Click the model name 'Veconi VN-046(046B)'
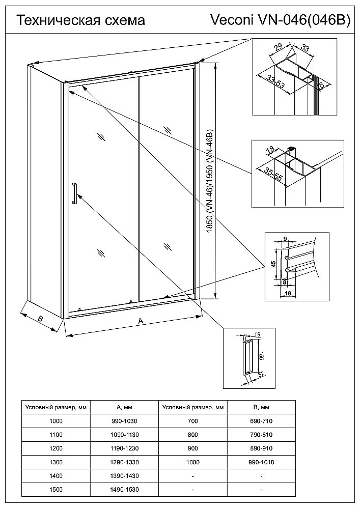(x=281, y=20)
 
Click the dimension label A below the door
(x=141, y=320)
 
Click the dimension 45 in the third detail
(x=273, y=264)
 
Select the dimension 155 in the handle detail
(x=260, y=355)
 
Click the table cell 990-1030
(x=124, y=421)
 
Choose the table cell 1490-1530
(x=124, y=490)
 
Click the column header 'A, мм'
(x=124, y=407)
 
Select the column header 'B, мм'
(x=261, y=407)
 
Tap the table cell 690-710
(x=261, y=421)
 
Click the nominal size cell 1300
(x=56, y=462)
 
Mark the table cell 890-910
(x=261, y=448)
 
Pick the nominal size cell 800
(x=192, y=435)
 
